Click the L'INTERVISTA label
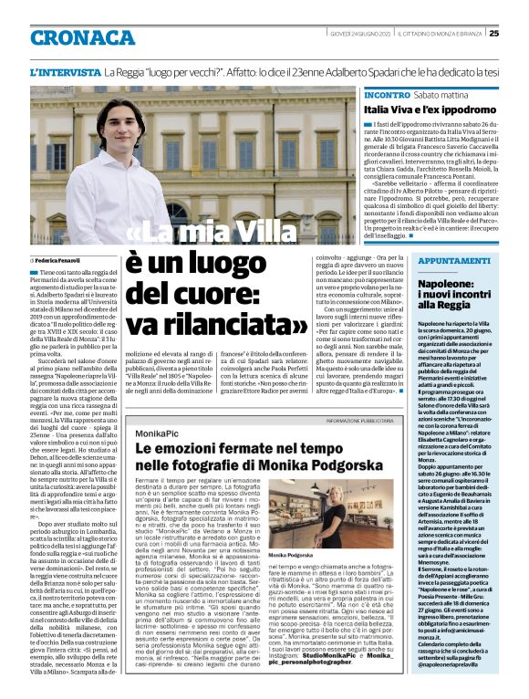(x=65, y=71)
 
